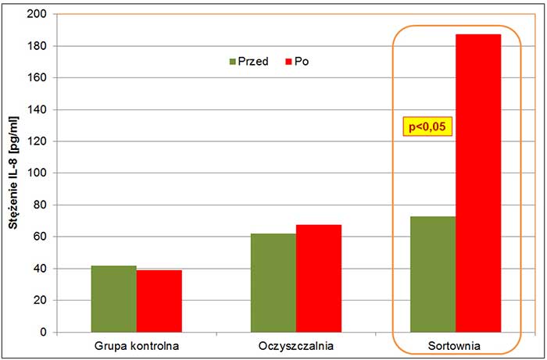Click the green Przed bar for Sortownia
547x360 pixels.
[x=433, y=274]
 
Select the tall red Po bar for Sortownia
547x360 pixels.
[x=478, y=184]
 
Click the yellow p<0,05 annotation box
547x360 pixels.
[x=428, y=126]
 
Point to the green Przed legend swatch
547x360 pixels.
[x=232, y=61]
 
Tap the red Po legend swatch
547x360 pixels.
[x=288, y=61]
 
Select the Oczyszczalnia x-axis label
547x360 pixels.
[x=295, y=344]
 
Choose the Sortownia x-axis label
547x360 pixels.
[x=455, y=344]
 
